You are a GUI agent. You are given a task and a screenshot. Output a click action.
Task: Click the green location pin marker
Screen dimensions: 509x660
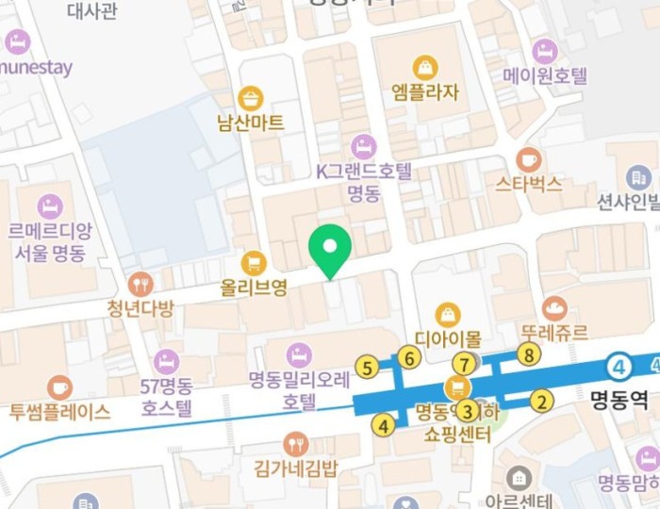pos(330,248)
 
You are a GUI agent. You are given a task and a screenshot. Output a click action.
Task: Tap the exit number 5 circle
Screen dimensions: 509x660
pos(366,367)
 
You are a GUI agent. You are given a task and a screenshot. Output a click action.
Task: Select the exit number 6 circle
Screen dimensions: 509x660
pos(408,357)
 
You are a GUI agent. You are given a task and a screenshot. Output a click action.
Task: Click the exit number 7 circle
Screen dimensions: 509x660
pos(462,364)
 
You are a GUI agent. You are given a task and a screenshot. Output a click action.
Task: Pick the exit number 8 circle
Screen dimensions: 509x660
pos(529,354)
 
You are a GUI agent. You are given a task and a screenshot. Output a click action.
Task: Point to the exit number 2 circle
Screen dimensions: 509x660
pos(540,402)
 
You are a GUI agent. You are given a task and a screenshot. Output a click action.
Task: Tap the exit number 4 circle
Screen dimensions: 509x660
pos(382,425)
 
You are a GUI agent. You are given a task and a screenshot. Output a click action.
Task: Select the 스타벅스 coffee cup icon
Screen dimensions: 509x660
pos(528,158)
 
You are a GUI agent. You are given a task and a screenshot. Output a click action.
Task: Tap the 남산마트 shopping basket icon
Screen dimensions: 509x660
pos(250,98)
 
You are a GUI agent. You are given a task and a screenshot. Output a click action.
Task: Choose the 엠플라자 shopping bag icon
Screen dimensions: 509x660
pos(425,67)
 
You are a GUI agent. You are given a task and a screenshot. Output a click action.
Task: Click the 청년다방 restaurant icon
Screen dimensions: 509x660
pos(140,284)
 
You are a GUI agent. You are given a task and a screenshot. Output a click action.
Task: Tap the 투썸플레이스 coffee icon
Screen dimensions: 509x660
pos(59,387)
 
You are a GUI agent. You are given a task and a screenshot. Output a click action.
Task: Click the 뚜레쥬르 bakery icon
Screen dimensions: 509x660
pos(554,307)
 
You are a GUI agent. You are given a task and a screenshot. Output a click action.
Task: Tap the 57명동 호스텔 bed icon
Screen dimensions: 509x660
pos(166,361)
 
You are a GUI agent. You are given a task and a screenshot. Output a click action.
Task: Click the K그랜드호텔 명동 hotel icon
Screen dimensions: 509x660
pos(363,147)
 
